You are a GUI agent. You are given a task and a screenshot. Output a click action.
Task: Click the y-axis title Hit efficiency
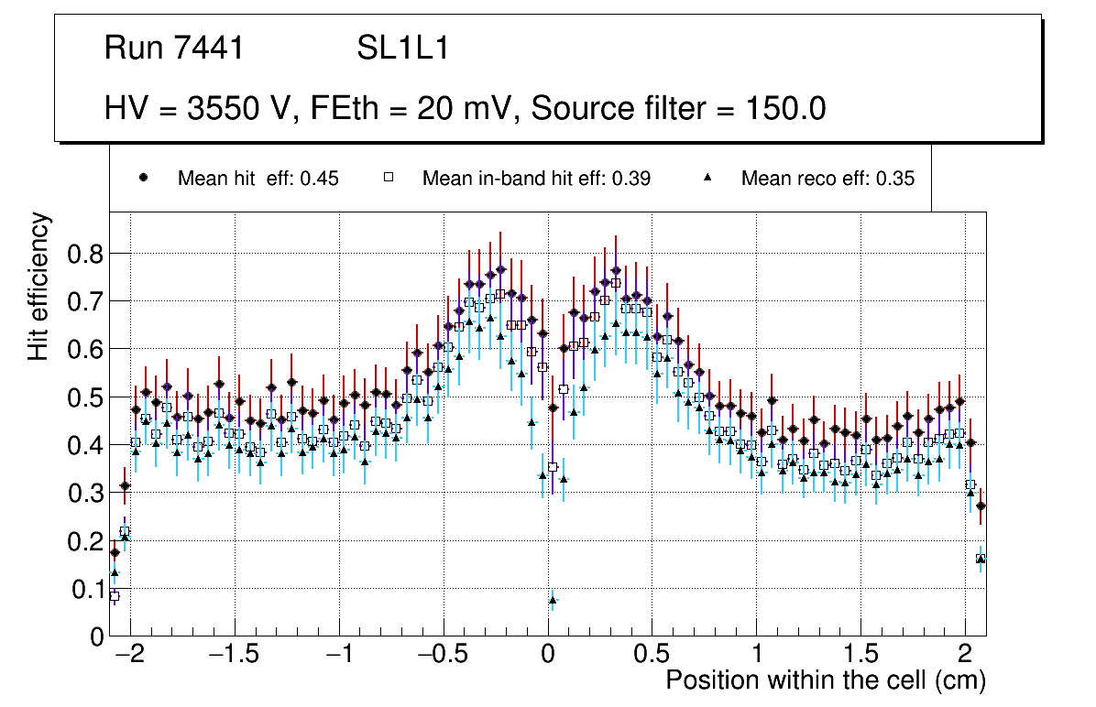click(x=38, y=286)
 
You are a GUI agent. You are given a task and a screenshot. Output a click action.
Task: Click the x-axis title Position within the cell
click(x=826, y=680)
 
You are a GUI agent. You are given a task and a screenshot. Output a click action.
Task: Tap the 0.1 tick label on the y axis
click(x=86, y=589)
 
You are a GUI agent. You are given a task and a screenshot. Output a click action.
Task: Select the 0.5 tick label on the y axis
click(x=86, y=397)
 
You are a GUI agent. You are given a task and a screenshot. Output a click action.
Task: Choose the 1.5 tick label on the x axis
click(x=860, y=656)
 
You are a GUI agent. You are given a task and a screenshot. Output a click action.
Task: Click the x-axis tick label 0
click(x=548, y=656)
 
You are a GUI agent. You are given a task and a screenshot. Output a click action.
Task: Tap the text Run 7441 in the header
click(x=174, y=49)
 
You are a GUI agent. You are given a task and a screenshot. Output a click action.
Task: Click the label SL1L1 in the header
click(x=403, y=49)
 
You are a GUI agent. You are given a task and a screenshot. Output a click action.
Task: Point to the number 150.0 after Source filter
click(x=784, y=109)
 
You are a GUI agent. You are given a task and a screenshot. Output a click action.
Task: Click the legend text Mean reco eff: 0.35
click(x=827, y=179)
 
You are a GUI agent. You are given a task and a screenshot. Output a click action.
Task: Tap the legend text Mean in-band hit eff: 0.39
click(x=536, y=179)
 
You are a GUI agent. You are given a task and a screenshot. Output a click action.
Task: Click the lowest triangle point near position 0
click(x=553, y=600)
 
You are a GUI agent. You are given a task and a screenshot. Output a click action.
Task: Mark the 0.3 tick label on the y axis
click(x=86, y=494)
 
